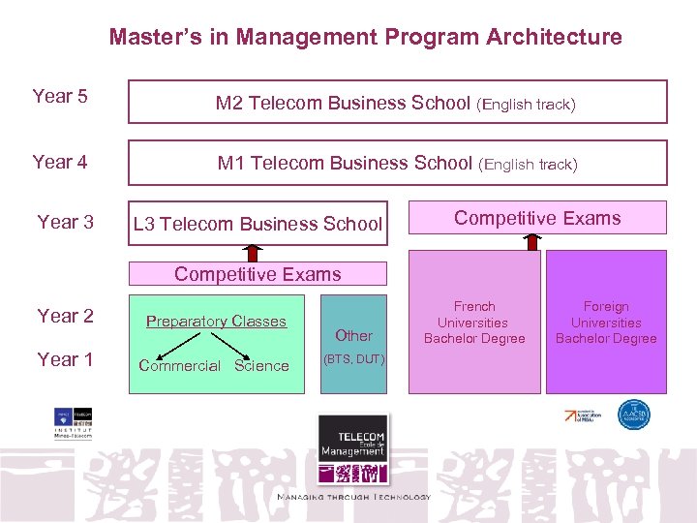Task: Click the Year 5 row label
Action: tap(60, 96)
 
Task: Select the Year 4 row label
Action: tap(60, 162)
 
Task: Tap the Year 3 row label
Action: tap(65, 222)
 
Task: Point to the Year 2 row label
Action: tap(65, 316)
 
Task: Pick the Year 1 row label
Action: tap(65, 359)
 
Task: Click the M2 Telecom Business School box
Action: tap(397, 103)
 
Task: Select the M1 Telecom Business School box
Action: tap(397, 164)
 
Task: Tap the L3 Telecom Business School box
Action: tap(258, 224)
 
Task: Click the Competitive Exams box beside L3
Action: tap(537, 218)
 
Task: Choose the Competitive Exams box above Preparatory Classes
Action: tap(258, 274)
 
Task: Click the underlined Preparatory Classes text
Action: tap(216, 322)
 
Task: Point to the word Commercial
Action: tap(179, 365)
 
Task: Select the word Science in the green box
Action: tap(261, 365)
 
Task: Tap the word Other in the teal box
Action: tap(353, 335)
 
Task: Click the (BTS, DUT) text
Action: tap(353, 359)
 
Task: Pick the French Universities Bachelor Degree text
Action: tap(473, 323)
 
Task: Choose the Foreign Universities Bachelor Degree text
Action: tap(606, 323)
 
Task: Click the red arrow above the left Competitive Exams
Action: tap(253, 253)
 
